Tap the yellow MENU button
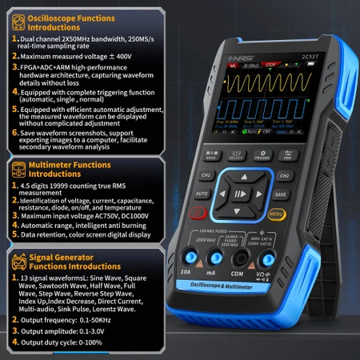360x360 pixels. [277, 214]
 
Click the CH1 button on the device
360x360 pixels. [206, 174]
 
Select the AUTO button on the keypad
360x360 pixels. [202, 194]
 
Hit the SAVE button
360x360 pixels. [280, 194]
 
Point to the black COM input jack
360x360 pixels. [238, 258]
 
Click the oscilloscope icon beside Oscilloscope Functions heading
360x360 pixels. [12, 16]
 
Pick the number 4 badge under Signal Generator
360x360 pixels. [11, 342]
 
